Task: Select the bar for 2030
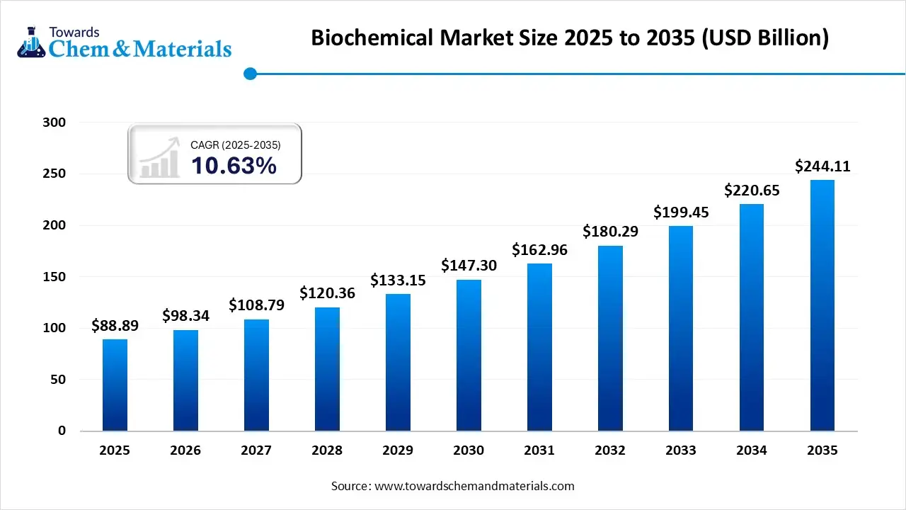469,355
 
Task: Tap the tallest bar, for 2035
822,305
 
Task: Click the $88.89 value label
115,326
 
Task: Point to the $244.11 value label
822,166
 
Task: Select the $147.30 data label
469,266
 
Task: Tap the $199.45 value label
681,212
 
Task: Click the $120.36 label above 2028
327,293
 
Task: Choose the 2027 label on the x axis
256,450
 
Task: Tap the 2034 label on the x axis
752,450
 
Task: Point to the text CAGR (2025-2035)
236,144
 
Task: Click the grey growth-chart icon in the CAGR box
160,159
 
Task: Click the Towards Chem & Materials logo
124,42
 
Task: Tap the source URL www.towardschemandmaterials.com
474,486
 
